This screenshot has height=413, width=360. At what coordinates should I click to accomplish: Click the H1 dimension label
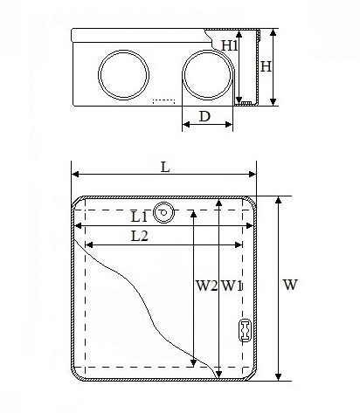230,45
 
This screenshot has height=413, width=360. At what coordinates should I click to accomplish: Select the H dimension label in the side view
266,66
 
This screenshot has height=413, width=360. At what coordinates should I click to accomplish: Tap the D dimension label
204,116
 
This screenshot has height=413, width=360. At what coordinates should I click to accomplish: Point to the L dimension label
165,168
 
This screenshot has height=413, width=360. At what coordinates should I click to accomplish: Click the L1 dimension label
140,217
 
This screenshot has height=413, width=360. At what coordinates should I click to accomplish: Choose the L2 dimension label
140,236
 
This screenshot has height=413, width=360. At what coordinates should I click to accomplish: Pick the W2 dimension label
206,286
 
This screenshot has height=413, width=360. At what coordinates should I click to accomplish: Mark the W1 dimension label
232,286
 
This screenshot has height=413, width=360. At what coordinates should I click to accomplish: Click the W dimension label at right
290,285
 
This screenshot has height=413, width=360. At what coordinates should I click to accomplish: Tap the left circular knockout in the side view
124,75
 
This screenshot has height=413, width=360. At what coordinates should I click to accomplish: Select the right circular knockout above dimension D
208,75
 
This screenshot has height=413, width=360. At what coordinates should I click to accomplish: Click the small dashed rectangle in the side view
164,101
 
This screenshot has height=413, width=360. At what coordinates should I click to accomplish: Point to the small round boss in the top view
163,212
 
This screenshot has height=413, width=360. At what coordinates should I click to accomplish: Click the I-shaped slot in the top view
246,331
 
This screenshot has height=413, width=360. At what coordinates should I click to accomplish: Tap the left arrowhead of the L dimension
75,175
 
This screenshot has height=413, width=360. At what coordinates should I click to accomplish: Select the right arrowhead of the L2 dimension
239,245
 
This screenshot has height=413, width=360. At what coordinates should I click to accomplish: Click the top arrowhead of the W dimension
279,200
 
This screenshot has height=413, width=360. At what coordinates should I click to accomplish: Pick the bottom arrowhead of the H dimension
273,101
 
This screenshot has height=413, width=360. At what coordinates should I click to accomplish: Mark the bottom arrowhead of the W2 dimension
193,363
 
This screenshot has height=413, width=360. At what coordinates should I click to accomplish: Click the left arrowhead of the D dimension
186,125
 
